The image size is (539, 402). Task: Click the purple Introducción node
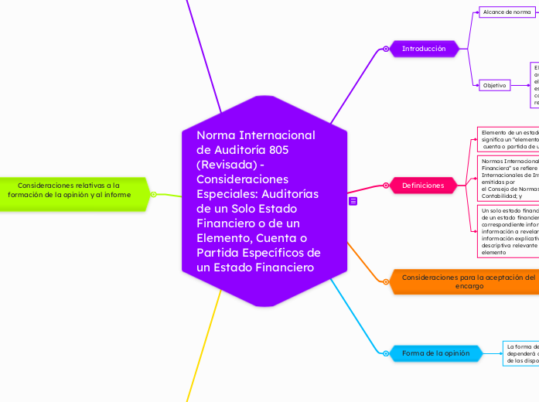click(x=423, y=49)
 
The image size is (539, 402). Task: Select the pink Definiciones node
click(x=422, y=186)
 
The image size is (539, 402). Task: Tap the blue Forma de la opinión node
click(x=435, y=353)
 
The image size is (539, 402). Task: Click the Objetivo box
click(x=495, y=85)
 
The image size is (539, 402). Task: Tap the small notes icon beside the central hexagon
click(x=353, y=201)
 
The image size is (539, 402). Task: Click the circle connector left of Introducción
click(x=386, y=49)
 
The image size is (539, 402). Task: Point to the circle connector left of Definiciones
click(x=386, y=186)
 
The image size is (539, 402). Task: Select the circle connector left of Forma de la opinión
click(x=385, y=353)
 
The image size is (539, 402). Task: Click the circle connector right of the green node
click(x=154, y=194)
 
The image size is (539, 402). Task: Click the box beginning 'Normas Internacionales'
click(x=509, y=177)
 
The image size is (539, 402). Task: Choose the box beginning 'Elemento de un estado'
click(x=507, y=139)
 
